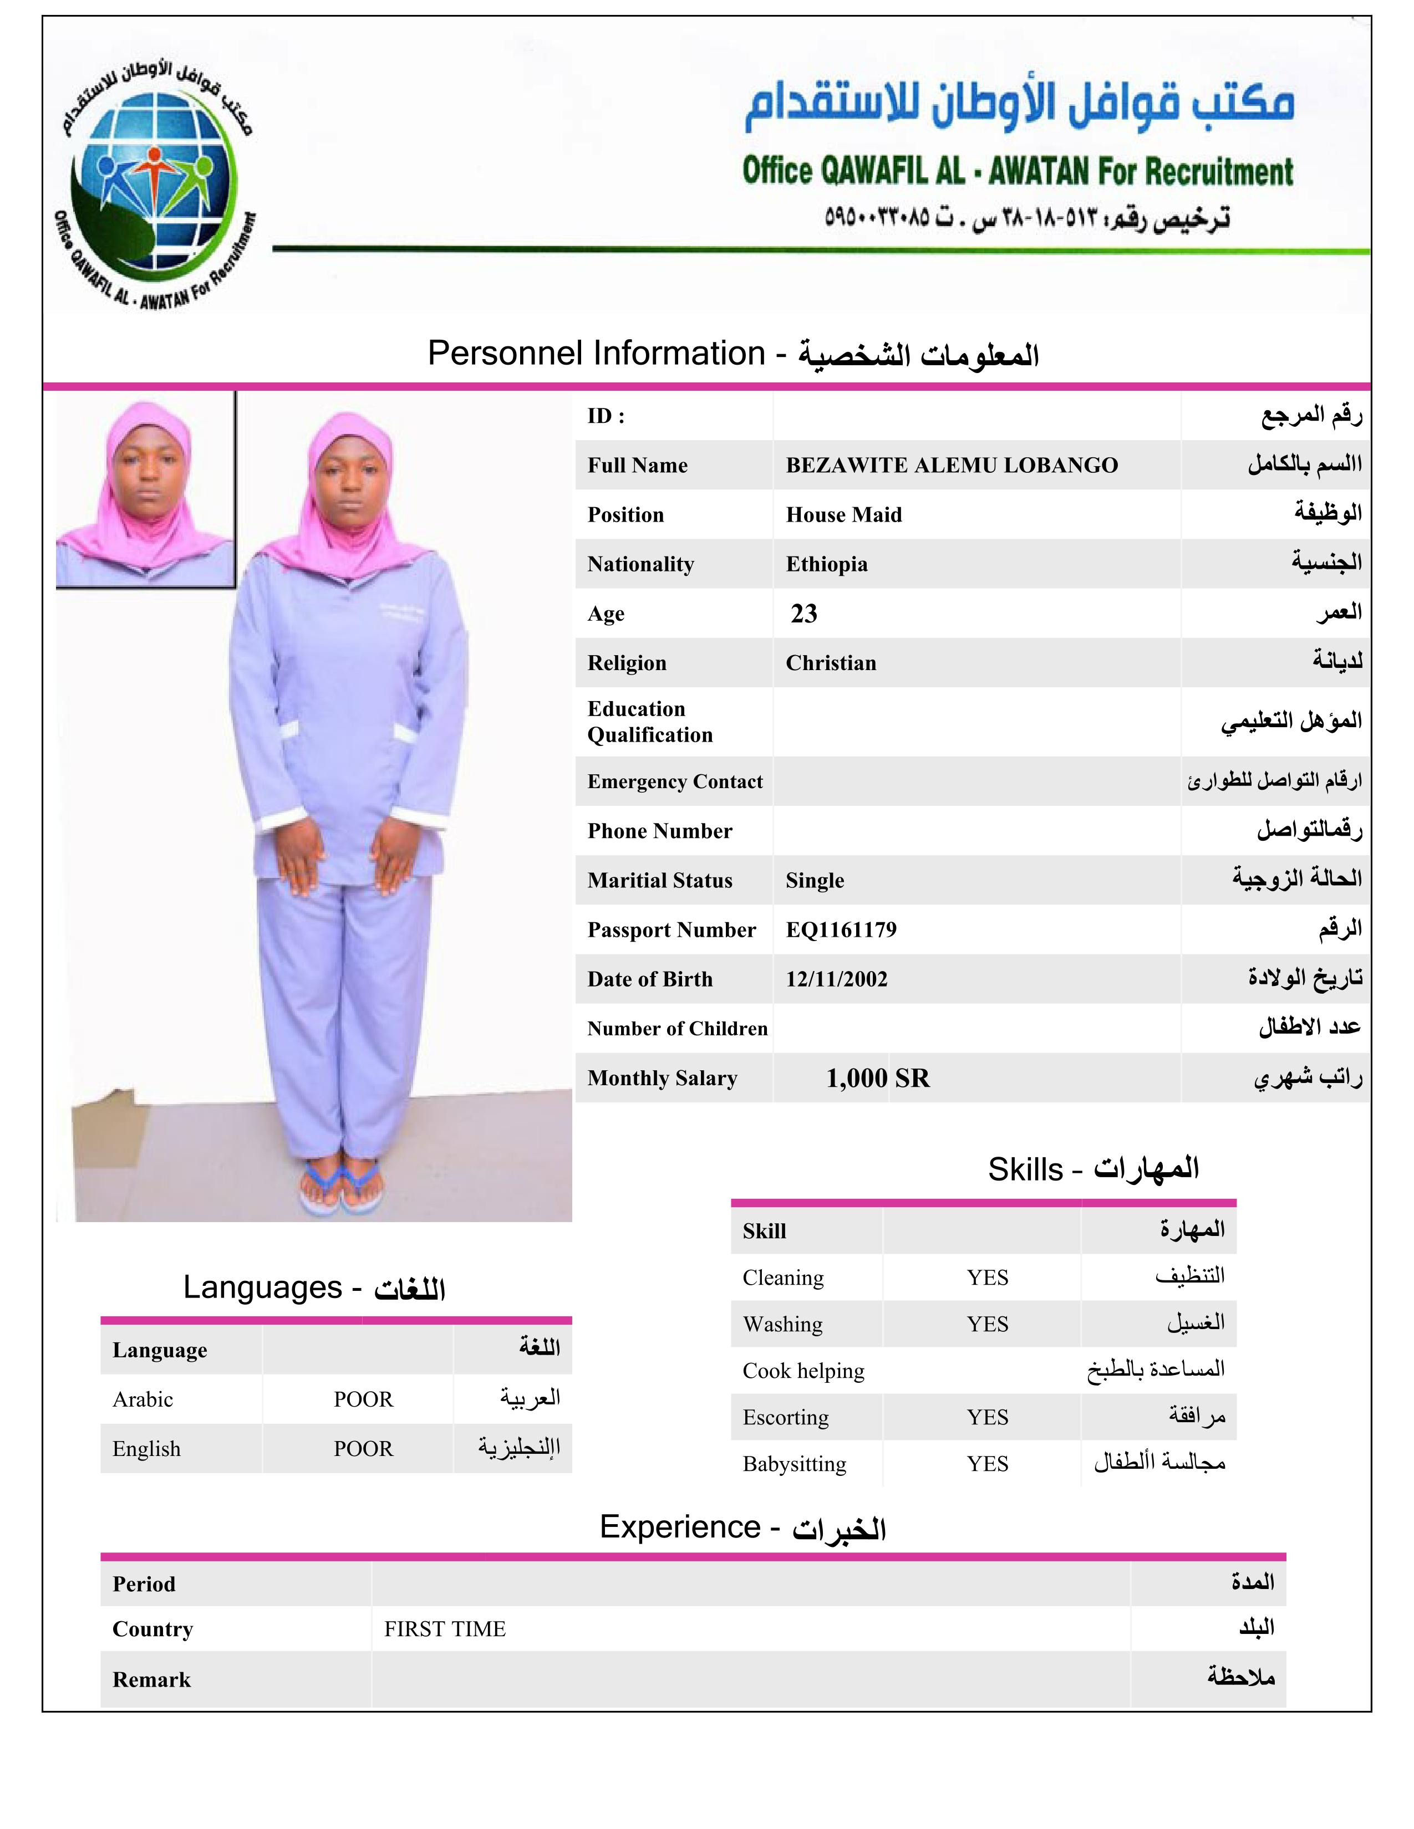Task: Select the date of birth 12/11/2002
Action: coord(836,979)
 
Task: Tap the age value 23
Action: coord(803,614)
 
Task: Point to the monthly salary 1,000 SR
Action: coord(877,1078)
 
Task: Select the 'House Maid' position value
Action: coord(843,515)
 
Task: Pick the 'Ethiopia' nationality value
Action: coord(826,564)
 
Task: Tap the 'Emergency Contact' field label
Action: coord(674,781)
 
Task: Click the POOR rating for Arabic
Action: coord(363,1399)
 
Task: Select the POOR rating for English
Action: coord(363,1449)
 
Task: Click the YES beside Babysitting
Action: coord(987,1464)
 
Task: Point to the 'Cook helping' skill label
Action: coord(802,1371)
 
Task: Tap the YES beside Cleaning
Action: coord(987,1278)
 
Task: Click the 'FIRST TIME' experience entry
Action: coord(445,1629)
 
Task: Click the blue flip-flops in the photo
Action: coord(341,1188)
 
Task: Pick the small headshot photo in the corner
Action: coord(145,492)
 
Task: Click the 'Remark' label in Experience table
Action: coord(151,1680)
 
